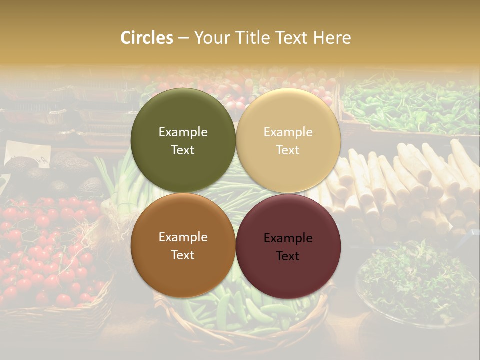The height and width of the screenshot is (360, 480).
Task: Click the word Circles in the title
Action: coord(147,38)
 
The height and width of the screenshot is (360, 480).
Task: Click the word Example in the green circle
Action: coord(183,132)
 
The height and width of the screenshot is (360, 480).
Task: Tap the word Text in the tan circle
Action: coord(288,150)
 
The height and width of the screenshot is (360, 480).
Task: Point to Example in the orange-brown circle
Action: coord(183,237)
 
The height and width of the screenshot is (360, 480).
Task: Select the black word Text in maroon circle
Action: coord(288,256)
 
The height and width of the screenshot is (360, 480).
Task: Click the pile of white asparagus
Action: coord(410,185)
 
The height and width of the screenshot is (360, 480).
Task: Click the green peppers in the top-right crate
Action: coord(410,105)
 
